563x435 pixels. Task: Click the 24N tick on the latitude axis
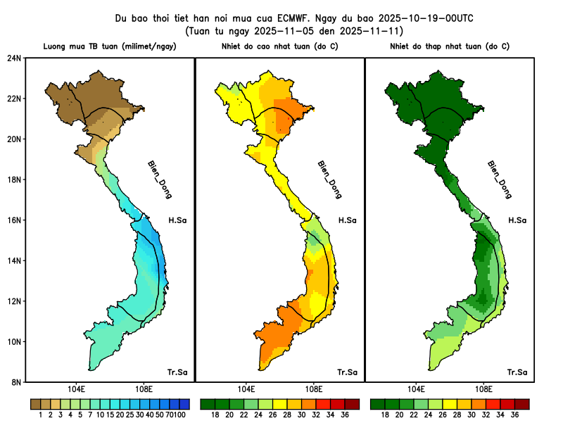point(15,58)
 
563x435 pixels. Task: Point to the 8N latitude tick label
point(16,382)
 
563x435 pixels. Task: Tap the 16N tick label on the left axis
point(15,220)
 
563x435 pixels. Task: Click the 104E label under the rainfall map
point(76,389)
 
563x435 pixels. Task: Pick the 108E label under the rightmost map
point(483,389)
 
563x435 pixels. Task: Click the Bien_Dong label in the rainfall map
point(159,179)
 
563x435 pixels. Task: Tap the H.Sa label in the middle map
point(347,220)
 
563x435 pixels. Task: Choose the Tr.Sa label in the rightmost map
point(517,372)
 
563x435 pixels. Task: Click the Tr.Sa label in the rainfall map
point(177,372)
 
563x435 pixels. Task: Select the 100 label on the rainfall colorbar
point(181,415)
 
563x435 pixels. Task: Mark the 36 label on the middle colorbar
point(345,415)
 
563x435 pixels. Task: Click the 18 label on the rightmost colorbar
point(385,415)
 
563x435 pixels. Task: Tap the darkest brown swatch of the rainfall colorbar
point(35,405)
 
